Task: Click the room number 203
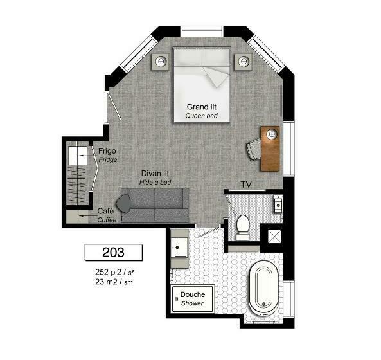coord(113,252)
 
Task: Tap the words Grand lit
coord(202,107)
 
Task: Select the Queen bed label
coord(202,116)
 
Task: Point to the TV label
coord(246,184)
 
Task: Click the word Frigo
coord(107,151)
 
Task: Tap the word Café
coord(105,211)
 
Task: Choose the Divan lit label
coord(155,174)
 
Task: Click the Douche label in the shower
coord(193,294)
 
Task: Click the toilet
coord(243,227)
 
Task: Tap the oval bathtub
coord(263,289)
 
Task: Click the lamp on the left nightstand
coord(161,61)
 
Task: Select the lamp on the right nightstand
coord(244,61)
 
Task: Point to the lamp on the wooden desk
coord(272,134)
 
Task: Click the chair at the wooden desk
coord(253,149)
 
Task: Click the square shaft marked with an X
coord(274,237)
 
